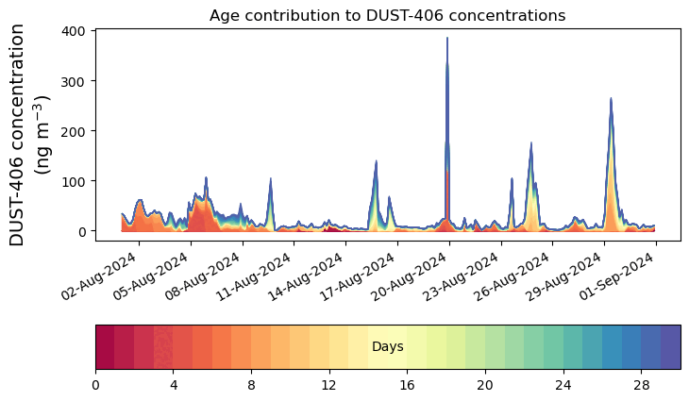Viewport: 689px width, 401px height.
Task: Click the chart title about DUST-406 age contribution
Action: [387, 15]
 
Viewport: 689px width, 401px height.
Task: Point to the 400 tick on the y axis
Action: [76, 31]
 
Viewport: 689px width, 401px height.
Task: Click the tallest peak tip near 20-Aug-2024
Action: [447, 39]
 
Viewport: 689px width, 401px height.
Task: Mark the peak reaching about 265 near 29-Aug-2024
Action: [611, 98]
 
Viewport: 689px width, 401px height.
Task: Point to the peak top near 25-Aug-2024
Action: [531, 143]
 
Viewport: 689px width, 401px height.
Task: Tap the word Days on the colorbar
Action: [387, 347]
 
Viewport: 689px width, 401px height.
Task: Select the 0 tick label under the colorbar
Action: [95, 387]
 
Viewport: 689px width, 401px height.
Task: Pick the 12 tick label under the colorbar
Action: [328, 387]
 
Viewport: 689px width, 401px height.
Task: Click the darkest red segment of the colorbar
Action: [105, 347]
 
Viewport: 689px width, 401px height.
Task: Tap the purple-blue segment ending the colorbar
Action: [670, 347]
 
